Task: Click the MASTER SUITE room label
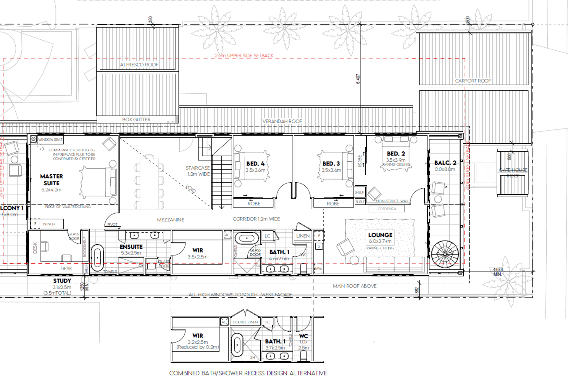click(51, 180)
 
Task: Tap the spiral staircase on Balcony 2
click(445, 254)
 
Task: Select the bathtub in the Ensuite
click(97, 258)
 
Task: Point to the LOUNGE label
click(380, 235)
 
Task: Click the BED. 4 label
click(255, 164)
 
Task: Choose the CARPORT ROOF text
click(473, 81)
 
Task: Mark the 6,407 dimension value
click(358, 79)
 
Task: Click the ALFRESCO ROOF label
click(139, 65)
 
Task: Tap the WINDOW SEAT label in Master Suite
click(50, 139)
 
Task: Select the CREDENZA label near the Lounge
click(387, 209)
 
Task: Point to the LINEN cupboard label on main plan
click(303, 236)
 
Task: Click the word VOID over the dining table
click(191, 189)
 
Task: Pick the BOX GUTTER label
click(136, 120)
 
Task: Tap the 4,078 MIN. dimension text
click(498, 272)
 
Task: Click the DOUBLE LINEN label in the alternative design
click(245, 322)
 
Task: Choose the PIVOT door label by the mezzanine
click(112, 224)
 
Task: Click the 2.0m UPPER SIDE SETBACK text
click(244, 56)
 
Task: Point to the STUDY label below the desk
click(62, 281)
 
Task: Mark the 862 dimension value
click(417, 290)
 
